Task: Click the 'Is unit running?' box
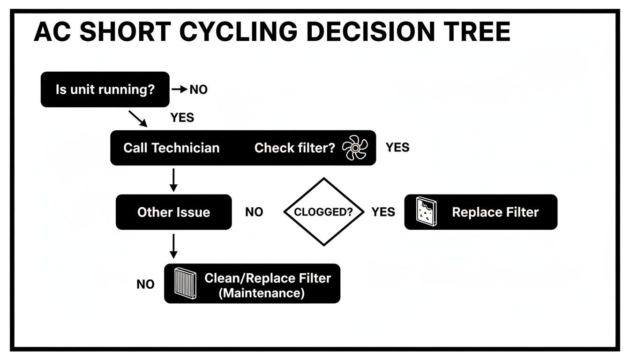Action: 105,90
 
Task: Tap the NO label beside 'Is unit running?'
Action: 198,90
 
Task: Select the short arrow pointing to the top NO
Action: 180,90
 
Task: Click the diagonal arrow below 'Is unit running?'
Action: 137,119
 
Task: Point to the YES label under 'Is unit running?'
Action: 182,118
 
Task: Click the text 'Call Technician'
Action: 171,148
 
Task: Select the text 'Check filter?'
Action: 294,148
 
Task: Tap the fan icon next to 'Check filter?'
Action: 355,148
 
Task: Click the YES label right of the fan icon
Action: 397,148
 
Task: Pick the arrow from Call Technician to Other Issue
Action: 173,180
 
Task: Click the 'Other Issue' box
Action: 173,212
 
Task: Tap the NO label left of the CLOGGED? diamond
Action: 254,212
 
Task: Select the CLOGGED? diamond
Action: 324,212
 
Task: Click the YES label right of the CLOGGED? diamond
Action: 383,212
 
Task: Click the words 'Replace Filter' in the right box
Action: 495,212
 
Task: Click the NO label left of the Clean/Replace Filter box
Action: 145,285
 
